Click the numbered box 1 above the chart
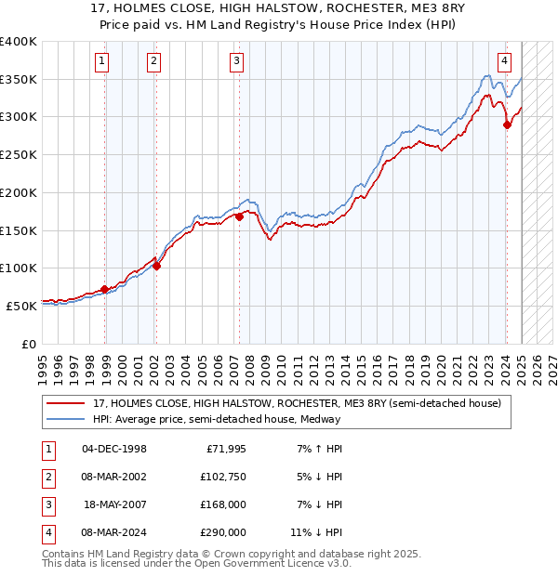coord(100,62)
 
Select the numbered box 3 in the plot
coord(237,62)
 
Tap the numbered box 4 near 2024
coord(504,62)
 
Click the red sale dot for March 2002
coord(156,266)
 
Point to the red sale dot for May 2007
coord(239,216)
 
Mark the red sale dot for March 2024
coord(507,124)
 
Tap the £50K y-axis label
coord(22,306)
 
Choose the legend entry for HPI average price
coord(216,419)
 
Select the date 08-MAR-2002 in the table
coord(114,478)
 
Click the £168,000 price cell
coord(223,504)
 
